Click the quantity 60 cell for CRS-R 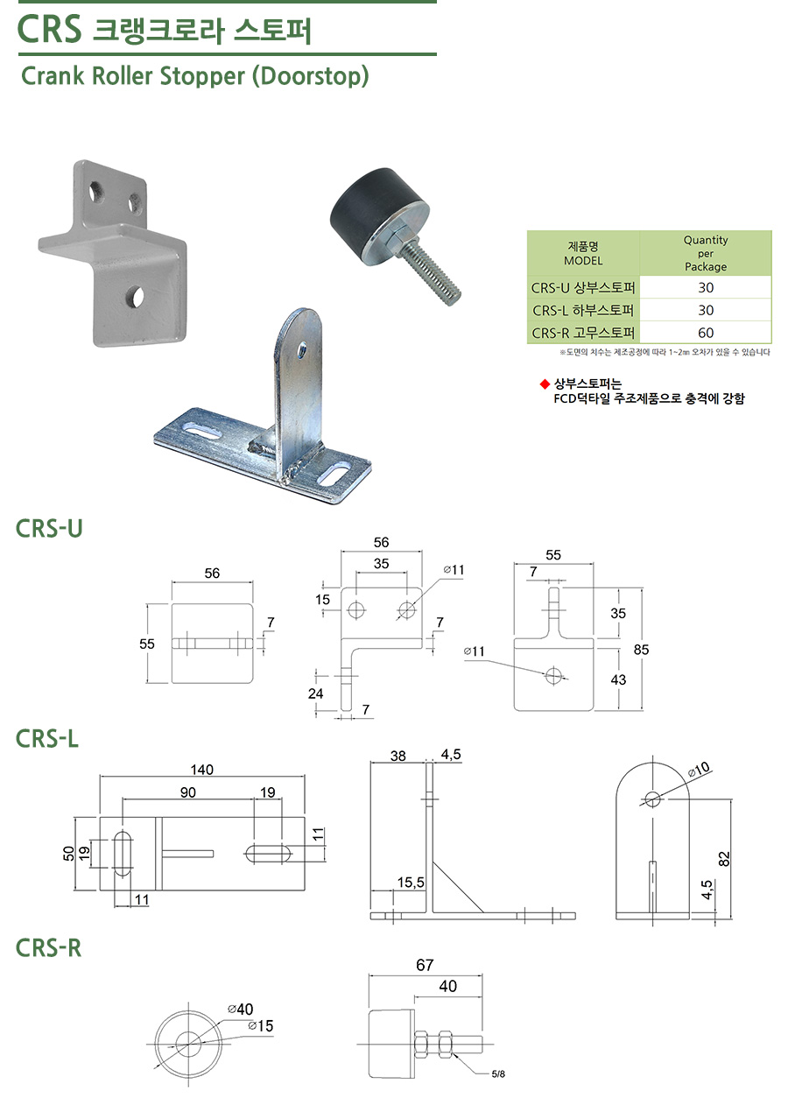point(706,333)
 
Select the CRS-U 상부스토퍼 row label point(584,287)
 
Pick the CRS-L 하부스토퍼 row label point(584,310)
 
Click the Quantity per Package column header point(706,253)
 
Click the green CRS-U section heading point(49,528)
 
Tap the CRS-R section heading point(49,947)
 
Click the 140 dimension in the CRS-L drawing point(202,769)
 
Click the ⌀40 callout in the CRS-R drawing point(240,1009)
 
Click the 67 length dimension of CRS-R point(425,965)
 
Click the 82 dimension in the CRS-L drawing point(723,859)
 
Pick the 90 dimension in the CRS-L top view point(187,792)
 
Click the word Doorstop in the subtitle point(310,76)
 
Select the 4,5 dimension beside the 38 point(452,753)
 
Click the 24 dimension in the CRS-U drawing point(315,693)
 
